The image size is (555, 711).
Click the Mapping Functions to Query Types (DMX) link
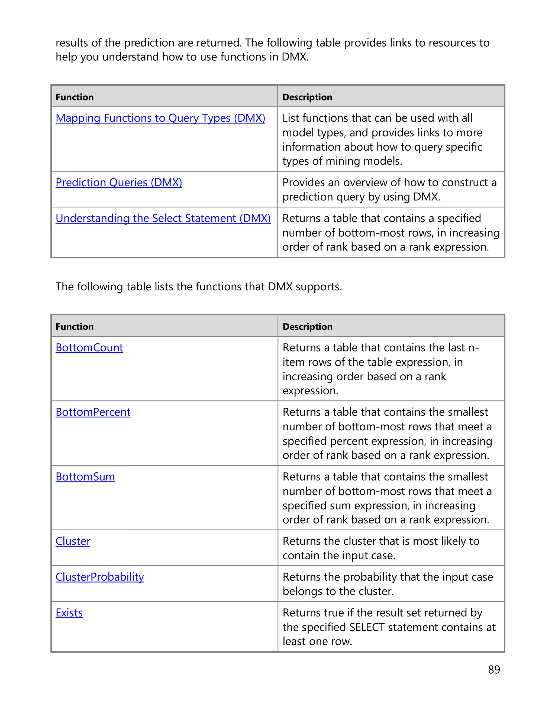(160, 118)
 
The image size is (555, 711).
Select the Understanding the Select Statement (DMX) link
(163, 218)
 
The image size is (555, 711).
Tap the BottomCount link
(89, 348)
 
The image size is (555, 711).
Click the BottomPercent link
(93, 412)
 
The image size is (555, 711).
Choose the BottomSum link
(85, 477)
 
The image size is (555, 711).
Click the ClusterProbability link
(100, 577)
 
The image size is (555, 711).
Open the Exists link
(69, 613)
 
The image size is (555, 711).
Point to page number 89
(494, 670)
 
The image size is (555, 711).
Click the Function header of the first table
(75, 97)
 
